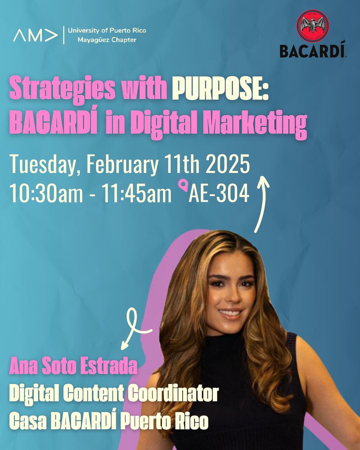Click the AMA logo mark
[x=36, y=36]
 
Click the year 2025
[x=228, y=165]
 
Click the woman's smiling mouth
[x=229, y=312]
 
